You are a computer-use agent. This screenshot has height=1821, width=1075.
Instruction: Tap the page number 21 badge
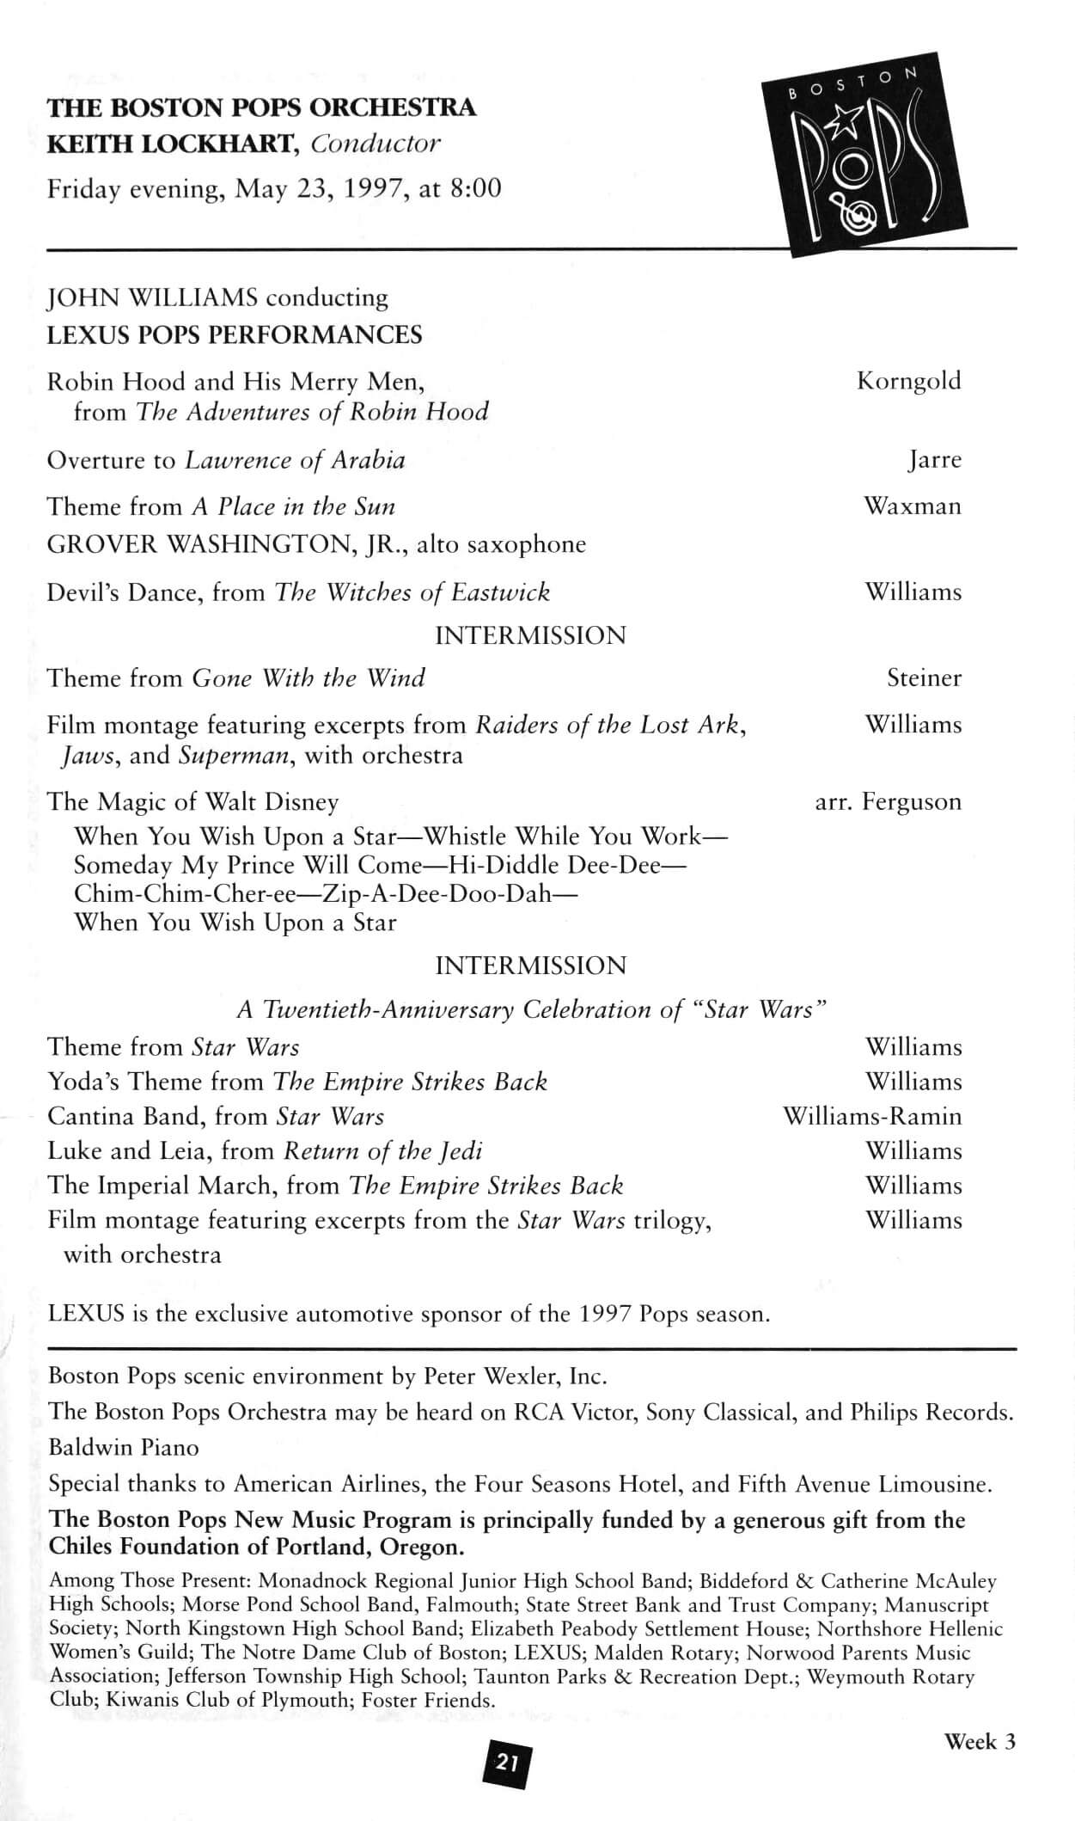(x=507, y=1763)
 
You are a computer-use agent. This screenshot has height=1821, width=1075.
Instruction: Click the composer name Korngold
(x=908, y=381)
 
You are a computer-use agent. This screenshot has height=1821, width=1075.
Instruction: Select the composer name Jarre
(x=934, y=460)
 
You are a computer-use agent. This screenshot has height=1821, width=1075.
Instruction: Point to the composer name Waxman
(x=912, y=506)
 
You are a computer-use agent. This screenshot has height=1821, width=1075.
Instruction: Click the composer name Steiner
(x=924, y=678)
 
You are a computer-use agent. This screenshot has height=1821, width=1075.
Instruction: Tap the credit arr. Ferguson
(x=888, y=802)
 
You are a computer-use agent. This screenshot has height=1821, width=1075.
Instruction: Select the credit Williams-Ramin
(x=871, y=1116)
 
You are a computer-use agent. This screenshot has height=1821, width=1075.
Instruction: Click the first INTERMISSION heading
(x=530, y=636)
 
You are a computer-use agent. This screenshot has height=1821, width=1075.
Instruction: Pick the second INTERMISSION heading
(x=530, y=966)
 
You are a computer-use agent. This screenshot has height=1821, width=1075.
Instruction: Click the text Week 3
(x=980, y=1742)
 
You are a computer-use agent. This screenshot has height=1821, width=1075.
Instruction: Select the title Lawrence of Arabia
(x=295, y=461)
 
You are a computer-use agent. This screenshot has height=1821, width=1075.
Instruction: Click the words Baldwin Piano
(x=123, y=1448)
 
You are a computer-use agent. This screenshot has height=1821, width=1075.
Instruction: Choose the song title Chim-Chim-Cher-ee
(x=185, y=893)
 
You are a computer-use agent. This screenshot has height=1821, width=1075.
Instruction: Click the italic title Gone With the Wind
(x=308, y=678)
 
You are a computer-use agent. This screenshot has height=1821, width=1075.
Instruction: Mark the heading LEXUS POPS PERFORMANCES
(x=235, y=334)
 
